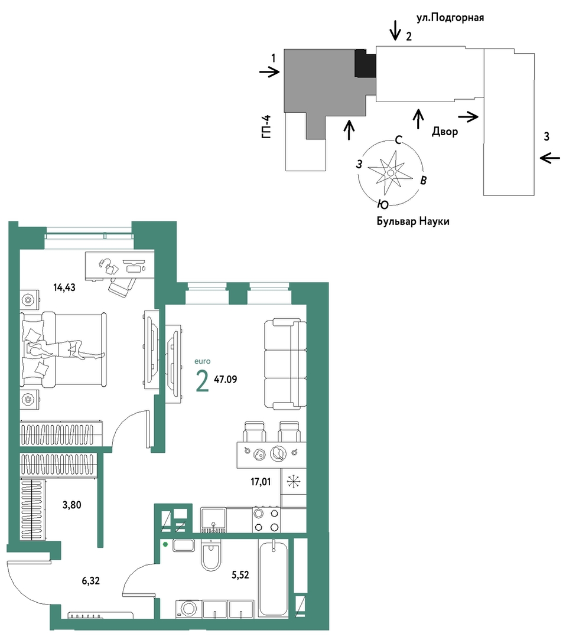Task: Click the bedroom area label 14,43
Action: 64,288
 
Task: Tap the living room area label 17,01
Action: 261,482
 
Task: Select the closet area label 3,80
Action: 71,505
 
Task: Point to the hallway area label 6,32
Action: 90,581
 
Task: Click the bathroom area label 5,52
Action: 240,575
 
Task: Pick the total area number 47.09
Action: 226,380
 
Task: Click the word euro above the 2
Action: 203,361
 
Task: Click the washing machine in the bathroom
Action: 188,609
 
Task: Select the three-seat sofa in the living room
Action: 285,364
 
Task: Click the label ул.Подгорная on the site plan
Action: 450,18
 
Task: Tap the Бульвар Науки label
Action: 413,222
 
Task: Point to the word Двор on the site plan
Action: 445,132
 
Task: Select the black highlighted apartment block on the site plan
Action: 365,63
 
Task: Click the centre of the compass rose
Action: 391,172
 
